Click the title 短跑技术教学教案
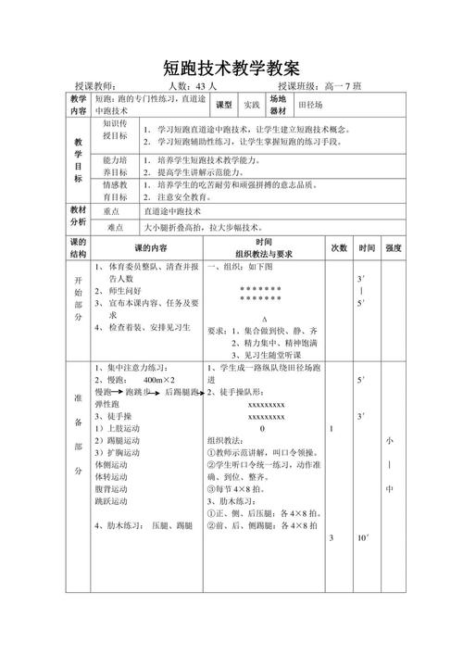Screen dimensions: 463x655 231,68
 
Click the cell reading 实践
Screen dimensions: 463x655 251,104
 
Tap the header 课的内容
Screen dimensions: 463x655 151,248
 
